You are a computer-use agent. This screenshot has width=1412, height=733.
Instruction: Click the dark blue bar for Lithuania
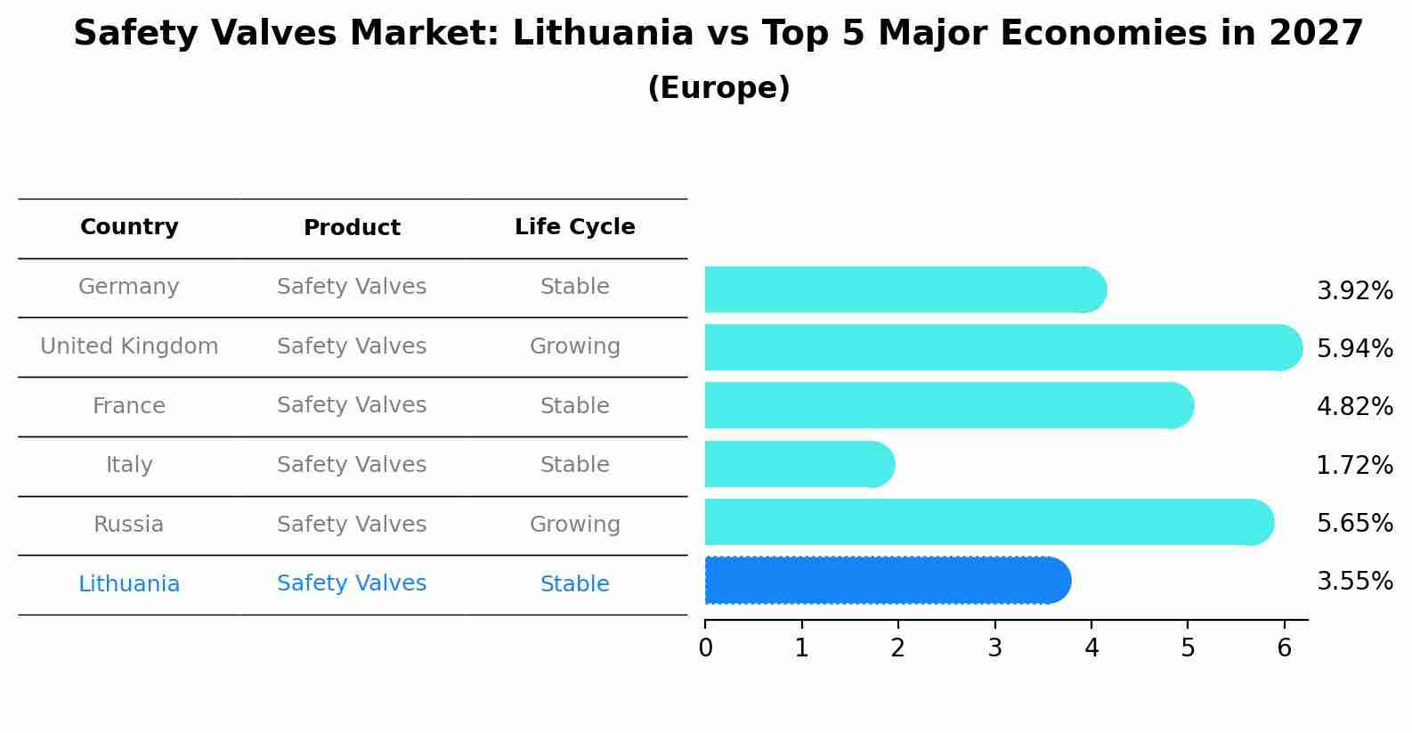pos(886,581)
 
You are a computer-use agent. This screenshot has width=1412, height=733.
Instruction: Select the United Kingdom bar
pos(1002,347)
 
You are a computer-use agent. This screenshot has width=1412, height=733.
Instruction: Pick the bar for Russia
pos(988,522)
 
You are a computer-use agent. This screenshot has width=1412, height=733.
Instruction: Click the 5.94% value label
pos(1354,348)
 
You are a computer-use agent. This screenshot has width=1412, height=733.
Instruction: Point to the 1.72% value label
pos(1354,465)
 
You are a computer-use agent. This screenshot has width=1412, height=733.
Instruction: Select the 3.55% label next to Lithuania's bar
pos(1354,582)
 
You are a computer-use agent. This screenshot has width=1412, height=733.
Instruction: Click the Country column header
pos(129,227)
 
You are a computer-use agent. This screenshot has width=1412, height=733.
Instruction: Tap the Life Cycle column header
pos(574,227)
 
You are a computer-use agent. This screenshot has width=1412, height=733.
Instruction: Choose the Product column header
pos(352,228)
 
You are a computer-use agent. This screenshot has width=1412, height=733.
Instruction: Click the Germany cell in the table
pos(129,287)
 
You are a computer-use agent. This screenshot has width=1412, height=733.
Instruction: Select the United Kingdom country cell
pos(129,346)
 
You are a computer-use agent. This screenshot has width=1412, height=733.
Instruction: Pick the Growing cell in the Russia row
pos(574,525)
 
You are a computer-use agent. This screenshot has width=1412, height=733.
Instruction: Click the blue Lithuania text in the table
pos(129,584)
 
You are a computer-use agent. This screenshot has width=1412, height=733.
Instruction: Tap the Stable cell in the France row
pos(574,406)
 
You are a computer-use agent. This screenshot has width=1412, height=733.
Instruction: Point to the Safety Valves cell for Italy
pos(352,465)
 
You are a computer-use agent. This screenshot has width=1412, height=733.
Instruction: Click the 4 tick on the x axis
pos(1091,648)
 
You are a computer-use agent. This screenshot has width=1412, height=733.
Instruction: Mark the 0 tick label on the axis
pos(705,648)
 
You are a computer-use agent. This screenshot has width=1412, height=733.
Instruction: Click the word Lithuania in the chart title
pos(603,35)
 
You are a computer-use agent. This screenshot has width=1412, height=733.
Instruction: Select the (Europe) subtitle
pos(718,88)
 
